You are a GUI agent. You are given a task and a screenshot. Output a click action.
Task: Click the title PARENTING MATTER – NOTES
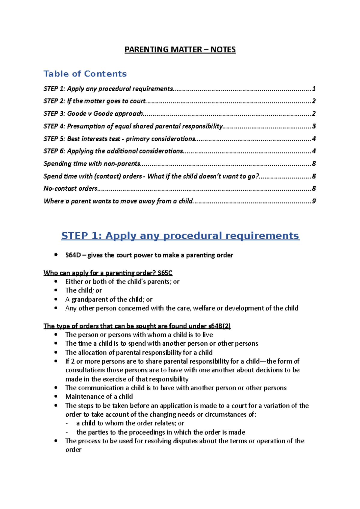180,49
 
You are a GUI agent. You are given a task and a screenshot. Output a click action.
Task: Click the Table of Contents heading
85,74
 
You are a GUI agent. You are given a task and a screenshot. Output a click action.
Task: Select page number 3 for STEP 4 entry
314,126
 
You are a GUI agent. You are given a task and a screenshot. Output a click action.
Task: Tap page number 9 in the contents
314,201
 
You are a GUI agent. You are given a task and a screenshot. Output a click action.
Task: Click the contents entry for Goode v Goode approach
105,114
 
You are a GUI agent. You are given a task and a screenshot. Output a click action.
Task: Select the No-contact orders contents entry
71,189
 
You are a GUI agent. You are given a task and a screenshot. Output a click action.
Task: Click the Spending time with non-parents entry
92,164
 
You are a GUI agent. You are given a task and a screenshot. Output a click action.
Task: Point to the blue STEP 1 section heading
180,236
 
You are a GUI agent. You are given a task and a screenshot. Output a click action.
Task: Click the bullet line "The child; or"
83,290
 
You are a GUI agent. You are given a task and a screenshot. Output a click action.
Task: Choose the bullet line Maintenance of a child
99,397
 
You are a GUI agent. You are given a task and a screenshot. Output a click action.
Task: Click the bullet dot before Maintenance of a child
56,396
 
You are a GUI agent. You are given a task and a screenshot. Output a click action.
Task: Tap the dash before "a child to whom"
67,423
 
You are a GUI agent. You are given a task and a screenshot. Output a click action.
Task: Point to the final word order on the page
73,450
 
